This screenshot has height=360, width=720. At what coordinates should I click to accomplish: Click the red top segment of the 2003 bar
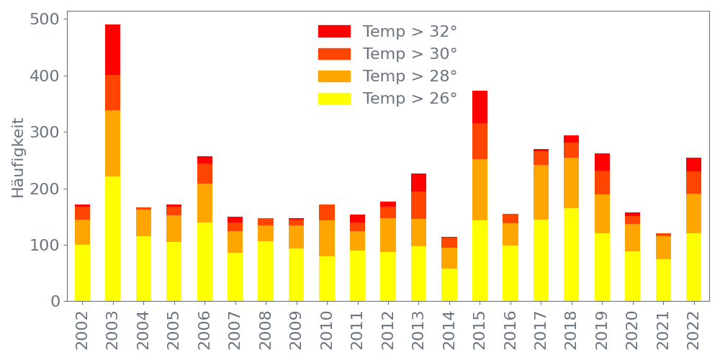112,50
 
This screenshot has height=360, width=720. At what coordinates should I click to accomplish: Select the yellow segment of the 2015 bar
480,261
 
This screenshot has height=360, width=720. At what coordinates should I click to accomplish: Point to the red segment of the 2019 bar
602,162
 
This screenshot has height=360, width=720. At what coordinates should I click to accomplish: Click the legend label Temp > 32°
410,32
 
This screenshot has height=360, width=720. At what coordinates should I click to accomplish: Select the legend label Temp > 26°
410,98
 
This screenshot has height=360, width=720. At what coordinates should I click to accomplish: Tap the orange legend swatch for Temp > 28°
334,76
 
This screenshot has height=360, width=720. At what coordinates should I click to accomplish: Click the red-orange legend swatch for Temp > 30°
334,54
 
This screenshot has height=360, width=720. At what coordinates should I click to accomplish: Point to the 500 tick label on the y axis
45,19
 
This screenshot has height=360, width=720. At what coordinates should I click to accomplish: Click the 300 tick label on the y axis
45,132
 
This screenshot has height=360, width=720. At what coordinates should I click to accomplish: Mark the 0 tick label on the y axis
55,301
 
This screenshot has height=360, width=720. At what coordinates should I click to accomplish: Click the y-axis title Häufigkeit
18,158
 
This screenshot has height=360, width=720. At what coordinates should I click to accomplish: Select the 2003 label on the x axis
112,328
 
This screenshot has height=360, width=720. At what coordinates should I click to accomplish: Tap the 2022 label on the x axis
694,328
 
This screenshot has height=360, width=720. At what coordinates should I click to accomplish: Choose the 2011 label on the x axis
357,328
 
